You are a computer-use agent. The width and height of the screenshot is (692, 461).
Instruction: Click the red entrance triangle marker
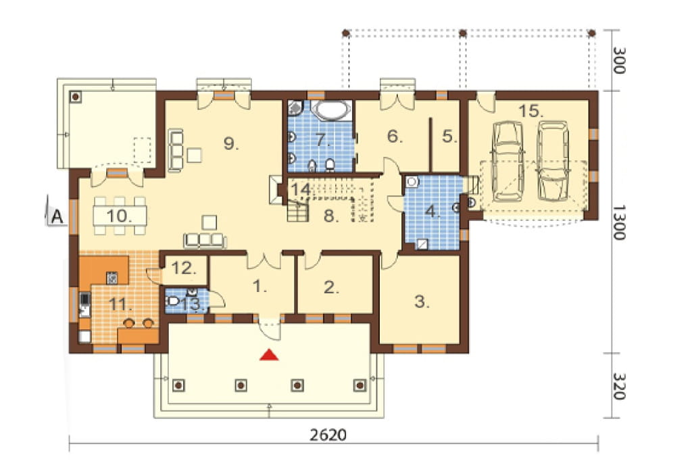[x=269, y=355]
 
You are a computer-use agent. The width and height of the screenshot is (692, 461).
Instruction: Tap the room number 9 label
[x=231, y=143]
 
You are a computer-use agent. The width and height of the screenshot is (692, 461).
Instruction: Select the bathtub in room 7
[x=331, y=110]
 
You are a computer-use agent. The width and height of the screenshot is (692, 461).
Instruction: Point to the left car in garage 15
[x=507, y=162]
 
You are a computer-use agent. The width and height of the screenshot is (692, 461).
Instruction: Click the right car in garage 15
[x=553, y=161]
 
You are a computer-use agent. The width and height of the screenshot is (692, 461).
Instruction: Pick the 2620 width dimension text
[x=328, y=435]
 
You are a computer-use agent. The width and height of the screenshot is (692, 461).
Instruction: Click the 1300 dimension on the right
[x=620, y=222]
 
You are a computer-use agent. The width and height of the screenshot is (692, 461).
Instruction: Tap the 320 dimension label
[x=620, y=387]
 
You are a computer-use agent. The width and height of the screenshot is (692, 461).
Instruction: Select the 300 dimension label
[x=620, y=59]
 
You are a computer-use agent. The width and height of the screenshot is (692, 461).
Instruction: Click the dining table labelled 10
[x=119, y=216]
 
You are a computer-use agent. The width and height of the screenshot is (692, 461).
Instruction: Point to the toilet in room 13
[x=172, y=301]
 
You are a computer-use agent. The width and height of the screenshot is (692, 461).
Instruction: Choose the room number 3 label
[x=422, y=301]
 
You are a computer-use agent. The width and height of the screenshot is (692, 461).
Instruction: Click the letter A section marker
[x=57, y=217]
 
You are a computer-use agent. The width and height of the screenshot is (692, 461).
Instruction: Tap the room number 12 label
[x=184, y=268]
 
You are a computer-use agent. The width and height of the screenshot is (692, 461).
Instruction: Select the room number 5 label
[x=449, y=137]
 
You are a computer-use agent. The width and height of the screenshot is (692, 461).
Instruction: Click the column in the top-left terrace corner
[x=76, y=97]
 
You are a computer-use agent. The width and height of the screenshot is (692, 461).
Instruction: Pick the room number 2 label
[x=331, y=287]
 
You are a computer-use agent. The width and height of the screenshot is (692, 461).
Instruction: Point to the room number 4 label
[x=432, y=212]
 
